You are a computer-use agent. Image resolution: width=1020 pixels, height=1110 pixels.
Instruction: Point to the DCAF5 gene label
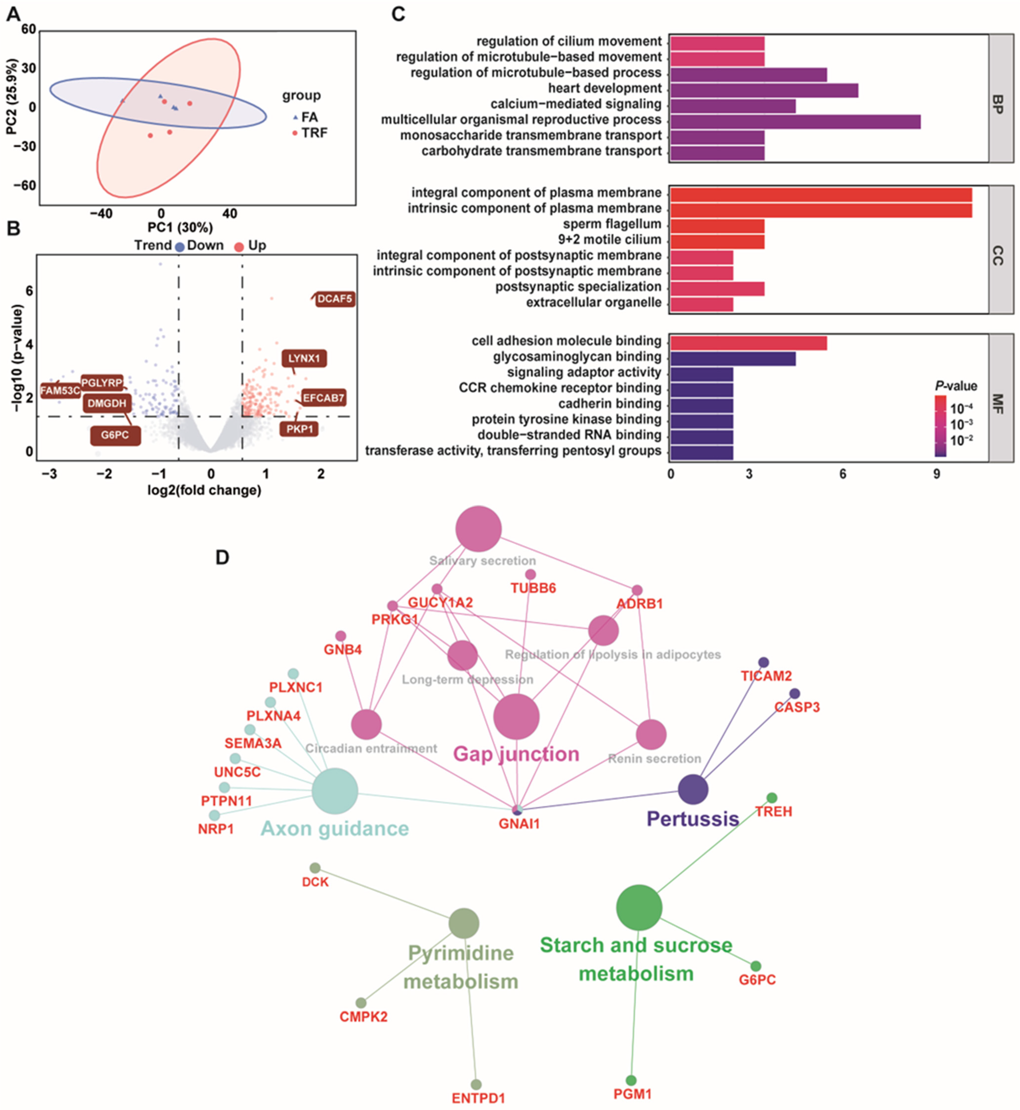coord(335,299)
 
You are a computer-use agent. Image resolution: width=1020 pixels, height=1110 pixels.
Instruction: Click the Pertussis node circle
coord(693,789)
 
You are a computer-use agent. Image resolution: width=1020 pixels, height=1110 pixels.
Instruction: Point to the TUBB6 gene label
coord(533,588)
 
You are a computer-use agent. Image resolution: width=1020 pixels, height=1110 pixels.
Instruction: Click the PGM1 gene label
coord(633,1093)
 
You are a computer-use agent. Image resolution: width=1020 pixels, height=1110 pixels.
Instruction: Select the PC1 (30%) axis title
coord(180,228)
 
